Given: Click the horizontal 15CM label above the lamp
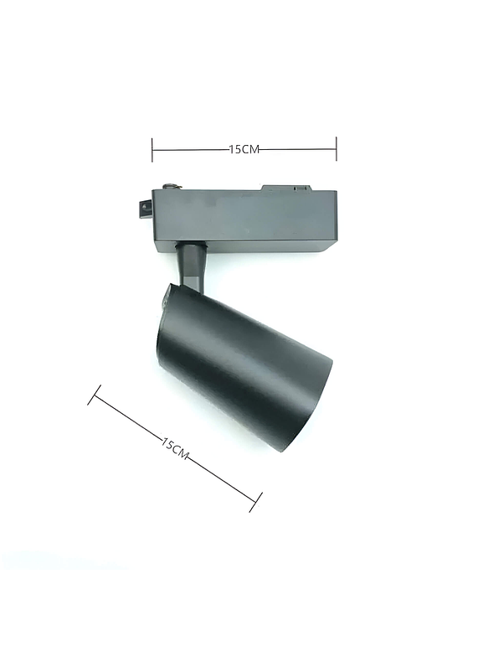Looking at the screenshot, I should pos(244,149).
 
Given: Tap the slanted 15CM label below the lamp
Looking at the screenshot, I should pos(176,447).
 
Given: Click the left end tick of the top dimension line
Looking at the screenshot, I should pos(152,149).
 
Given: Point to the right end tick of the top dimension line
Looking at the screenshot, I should pos(336,149).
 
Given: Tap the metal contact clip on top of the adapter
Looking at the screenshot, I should pos(170,185).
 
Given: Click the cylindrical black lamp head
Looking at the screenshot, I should pos(243,360).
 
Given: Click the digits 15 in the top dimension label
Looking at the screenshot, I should pos(235,149).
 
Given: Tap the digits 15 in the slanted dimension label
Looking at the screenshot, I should pos(167,442).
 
